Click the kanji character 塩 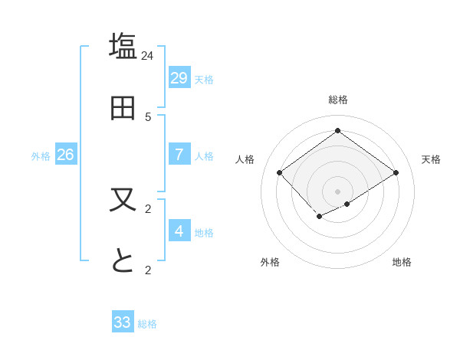pyautogui.click(x=123, y=47)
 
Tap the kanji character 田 pyautogui.click(x=123, y=108)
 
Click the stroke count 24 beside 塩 pyautogui.click(x=148, y=55)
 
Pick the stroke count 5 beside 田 pyautogui.click(x=148, y=116)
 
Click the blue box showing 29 pyautogui.click(x=179, y=77)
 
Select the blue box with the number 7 pyautogui.click(x=179, y=154)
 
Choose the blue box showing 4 pyautogui.click(x=179, y=231)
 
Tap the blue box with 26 pyautogui.click(x=65, y=154)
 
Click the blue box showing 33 pyautogui.click(x=123, y=322)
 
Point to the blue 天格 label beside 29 pyautogui.click(x=203, y=80)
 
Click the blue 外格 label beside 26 pyautogui.click(x=41, y=156)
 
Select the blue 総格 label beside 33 pyautogui.click(x=147, y=325)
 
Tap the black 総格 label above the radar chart pyautogui.click(x=338, y=100)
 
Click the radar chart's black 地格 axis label pyautogui.click(x=402, y=262)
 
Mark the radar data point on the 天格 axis pyautogui.click(x=396, y=172)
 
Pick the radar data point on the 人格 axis pyautogui.click(x=280, y=172)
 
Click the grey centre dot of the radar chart pyautogui.click(x=338, y=191)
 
